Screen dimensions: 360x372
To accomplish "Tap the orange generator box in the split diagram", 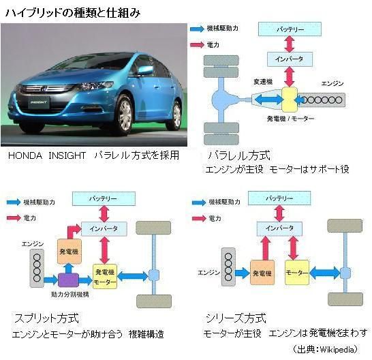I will (x=70, y=251).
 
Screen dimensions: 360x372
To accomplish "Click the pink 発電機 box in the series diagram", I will (x=263, y=273).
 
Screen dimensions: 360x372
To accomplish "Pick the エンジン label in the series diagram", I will (x=208, y=272).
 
